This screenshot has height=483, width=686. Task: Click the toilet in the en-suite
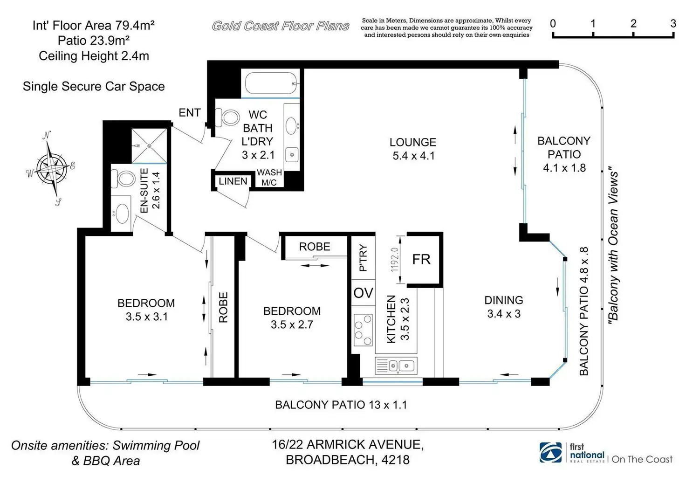coord(123,178)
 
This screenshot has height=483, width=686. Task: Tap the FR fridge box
coord(422,259)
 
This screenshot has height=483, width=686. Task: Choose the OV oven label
coord(363,293)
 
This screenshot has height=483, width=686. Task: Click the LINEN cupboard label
coord(233,181)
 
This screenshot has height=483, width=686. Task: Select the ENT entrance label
coord(189,112)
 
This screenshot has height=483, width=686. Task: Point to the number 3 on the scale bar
coord(673,23)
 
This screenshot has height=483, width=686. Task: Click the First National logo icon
coord(551,453)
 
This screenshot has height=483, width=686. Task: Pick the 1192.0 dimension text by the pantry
coord(395,259)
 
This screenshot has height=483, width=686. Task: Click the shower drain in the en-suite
coord(149,146)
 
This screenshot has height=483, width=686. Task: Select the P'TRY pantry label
coord(363,258)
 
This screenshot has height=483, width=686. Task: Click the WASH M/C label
coord(269,177)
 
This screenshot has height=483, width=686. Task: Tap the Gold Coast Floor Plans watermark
coord(280,26)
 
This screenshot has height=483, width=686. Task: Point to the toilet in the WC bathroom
coord(230,117)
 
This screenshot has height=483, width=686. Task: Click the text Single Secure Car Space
coord(94,86)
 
